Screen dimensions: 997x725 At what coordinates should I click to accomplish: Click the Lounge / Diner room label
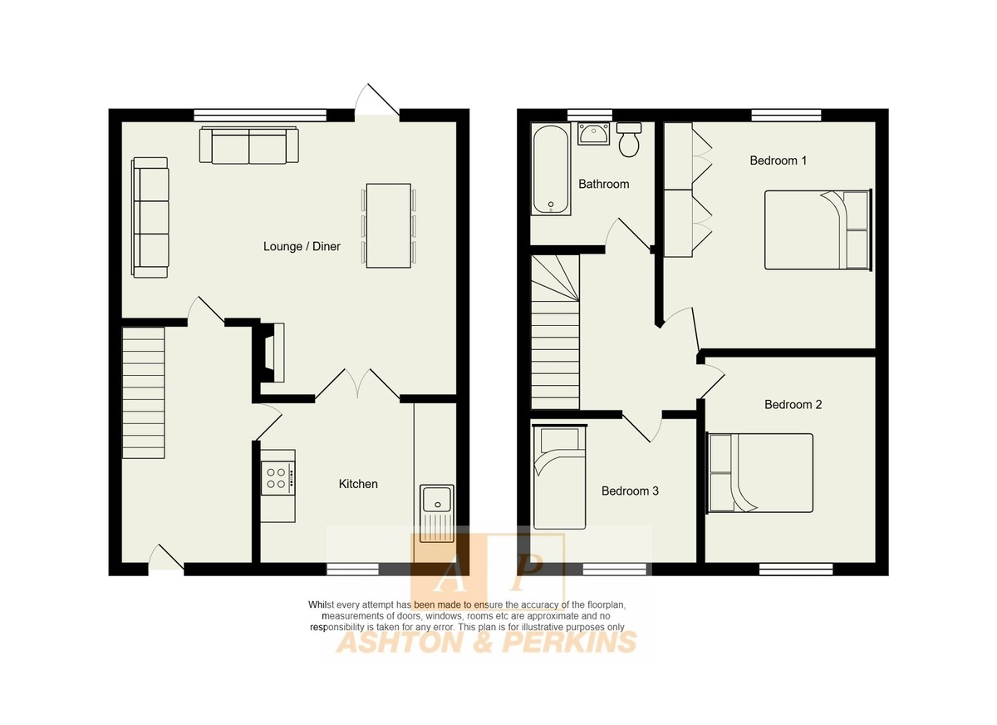[302, 246]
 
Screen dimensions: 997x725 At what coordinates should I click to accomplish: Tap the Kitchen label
[358, 484]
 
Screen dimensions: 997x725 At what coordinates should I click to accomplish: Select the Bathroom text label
[604, 184]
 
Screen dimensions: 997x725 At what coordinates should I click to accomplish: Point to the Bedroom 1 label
[778, 160]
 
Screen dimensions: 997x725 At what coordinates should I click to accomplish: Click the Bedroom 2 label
[793, 404]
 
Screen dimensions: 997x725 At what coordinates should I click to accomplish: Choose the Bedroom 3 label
[630, 491]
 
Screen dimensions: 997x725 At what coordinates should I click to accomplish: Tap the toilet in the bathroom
[629, 140]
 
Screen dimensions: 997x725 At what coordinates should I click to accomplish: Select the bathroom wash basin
[593, 134]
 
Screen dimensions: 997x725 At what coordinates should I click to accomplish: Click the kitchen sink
[437, 514]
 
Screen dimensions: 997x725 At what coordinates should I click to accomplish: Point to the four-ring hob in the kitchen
[277, 479]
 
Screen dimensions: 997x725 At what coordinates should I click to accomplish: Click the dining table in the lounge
[389, 226]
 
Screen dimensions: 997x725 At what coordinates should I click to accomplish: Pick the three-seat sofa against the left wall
[150, 218]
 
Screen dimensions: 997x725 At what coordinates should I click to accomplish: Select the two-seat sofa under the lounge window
[248, 145]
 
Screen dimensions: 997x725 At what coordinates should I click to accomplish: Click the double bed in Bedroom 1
[818, 229]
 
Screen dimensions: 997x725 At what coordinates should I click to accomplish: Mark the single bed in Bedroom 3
[559, 477]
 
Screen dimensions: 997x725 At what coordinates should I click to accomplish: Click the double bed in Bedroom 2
[759, 473]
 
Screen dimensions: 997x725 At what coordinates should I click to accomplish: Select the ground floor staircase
[143, 392]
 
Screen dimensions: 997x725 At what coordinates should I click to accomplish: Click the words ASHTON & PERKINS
[487, 643]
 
